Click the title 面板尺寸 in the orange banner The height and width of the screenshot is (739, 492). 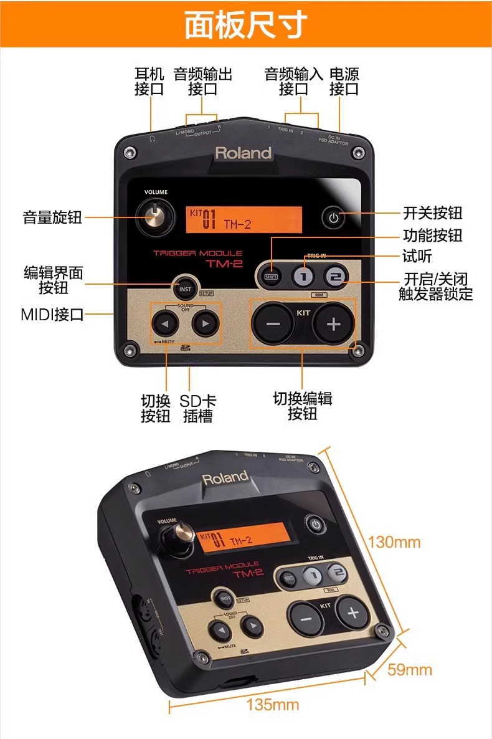pyautogui.click(x=246, y=25)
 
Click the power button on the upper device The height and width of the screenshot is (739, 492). pyautogui.click(x=334, y=218)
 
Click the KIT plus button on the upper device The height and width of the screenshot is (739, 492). pyautogui.click(x=333, y=323)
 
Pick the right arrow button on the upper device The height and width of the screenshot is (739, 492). pyautogui.click(x=206, y=323)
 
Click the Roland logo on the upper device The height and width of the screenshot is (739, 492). pyautogui.click(x=244, y=153)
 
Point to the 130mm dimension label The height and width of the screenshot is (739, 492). pyautogui.click(x=394, y=541)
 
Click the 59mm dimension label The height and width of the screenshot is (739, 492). pyautogui.click(x=409, y=670)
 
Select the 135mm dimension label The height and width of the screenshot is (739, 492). pyautogui.click(x=272, y=705)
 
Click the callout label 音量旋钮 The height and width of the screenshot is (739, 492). pyautogui.click(x=52, y=217)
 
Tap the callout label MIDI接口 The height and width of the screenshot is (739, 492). pyautogui.click(x=52, y=314)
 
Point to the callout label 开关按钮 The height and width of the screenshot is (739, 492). pyautogui.click(x=433, y=213)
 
